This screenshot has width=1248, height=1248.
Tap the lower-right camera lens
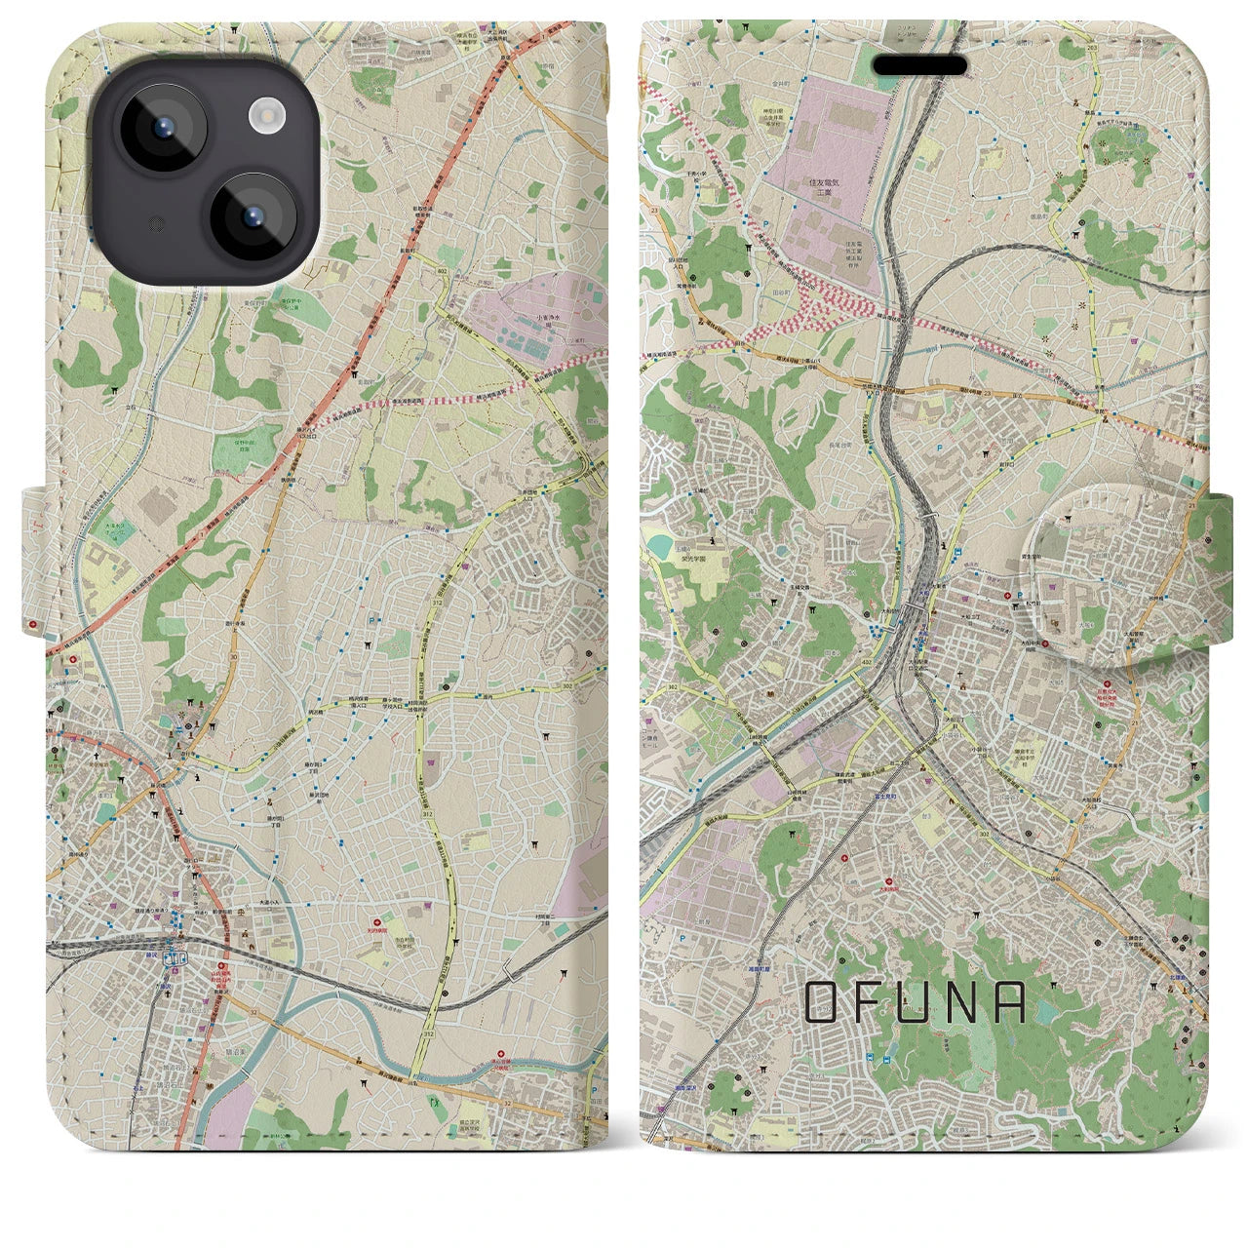252,216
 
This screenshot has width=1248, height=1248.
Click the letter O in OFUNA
821,1001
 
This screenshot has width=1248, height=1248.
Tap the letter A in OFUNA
1010,1001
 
